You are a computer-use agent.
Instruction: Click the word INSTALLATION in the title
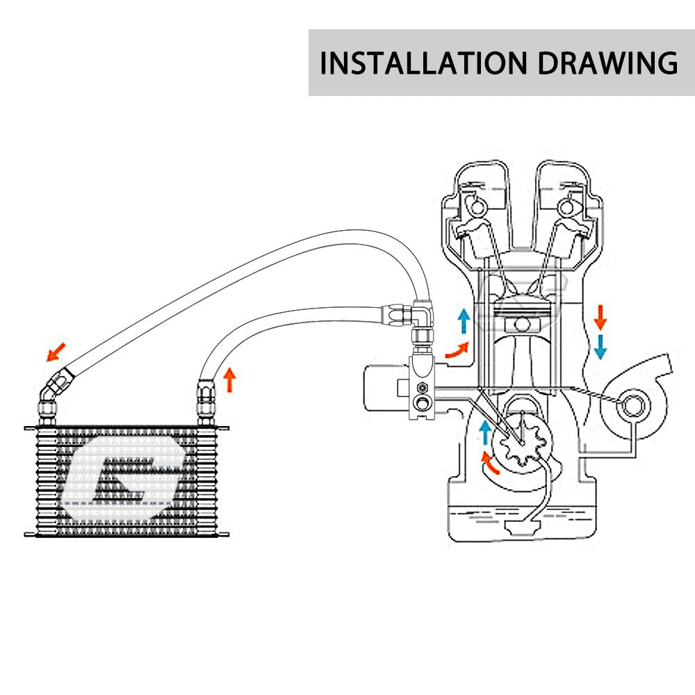click(423, 63)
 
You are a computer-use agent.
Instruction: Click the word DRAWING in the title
click(607, 63)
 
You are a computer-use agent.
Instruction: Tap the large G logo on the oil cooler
click(122, 477)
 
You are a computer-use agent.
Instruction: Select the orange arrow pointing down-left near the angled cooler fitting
click(56, 352)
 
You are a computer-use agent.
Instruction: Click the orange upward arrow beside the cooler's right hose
click(229, 380)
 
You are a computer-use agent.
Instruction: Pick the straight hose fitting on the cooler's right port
click(206, 402)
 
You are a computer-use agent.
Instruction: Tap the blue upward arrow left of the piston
click(464, 321)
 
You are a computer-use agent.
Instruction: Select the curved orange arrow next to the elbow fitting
click(457, 350)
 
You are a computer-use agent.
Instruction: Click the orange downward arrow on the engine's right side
click(600, 318)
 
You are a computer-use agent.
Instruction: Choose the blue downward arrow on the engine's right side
click(600, 347)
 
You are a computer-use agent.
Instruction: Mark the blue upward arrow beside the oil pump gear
click(486, 432)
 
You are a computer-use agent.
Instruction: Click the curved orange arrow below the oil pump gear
click(489, 463)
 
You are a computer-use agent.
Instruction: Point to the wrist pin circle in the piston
click(523, 325)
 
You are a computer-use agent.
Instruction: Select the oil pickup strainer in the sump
click(523, 528)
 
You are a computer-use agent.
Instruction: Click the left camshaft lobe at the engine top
click(477, 206)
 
